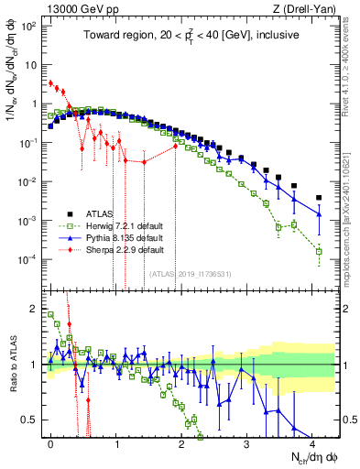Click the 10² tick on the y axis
click(27, 26)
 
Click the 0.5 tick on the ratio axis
click(28, 420)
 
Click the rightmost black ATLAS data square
click(319, 197)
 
